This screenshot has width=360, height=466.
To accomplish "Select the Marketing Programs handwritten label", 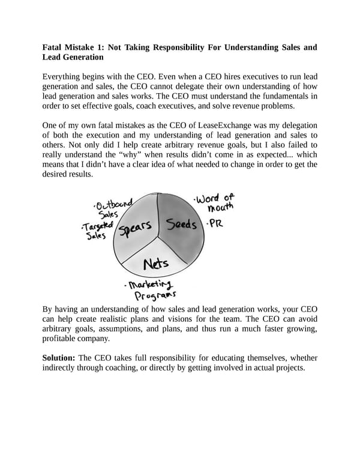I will tap(148, 289).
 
